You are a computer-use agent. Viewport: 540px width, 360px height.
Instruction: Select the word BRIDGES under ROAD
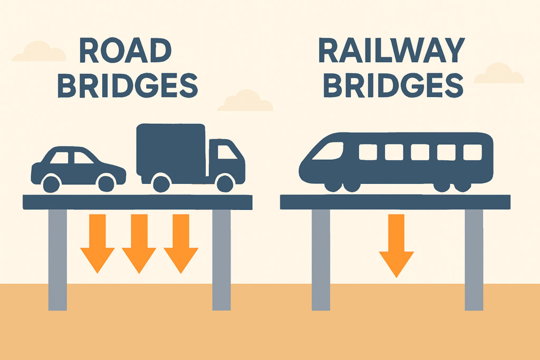pyautogui.click(x=127, y=86)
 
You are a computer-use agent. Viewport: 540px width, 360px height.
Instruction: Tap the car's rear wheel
pyautogui.click(x=51, y=183)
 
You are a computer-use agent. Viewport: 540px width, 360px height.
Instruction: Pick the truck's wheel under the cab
pyautogui.click(x=225, y=183)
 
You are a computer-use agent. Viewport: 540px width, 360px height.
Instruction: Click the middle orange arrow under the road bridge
pyautogui.click(x=139, y=243)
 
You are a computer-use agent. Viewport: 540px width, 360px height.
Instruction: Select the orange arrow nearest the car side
pyautogui.click(x=98, y=243)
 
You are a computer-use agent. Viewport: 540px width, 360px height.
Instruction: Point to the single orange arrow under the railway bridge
pyautogui.click(x=396, y=245)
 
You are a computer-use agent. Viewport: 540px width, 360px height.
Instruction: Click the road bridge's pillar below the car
pyautogui.click(x=57, y=258)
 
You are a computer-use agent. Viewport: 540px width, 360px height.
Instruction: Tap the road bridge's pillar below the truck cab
pyautogui.click(x=221, y=258)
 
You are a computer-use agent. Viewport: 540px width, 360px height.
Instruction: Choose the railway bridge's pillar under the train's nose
pyautogui.click(x=321, y=258)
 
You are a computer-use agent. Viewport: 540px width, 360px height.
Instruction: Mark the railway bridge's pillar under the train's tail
pyautogui.click(x=474, y=258)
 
